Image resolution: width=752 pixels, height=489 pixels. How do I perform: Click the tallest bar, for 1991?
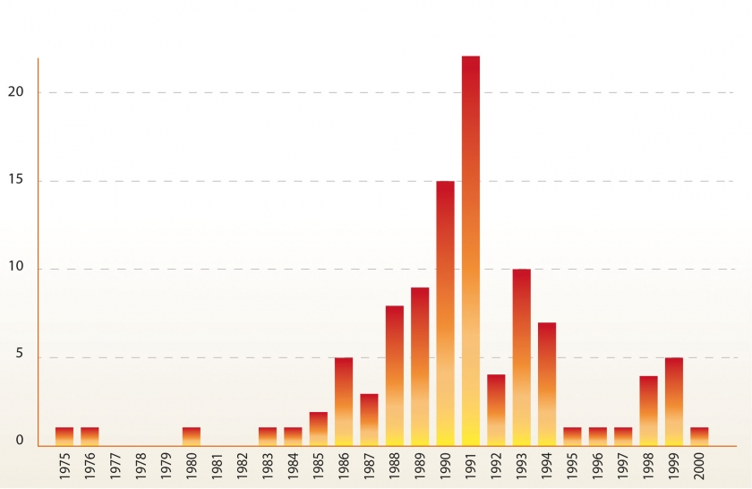click(471, 251)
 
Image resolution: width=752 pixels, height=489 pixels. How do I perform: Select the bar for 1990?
click(445, 313)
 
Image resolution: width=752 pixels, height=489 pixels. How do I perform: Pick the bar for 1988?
click(395, 375)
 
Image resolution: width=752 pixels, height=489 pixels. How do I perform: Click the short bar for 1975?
click(64, 436)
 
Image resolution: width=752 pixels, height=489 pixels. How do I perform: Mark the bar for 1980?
click(192, 436)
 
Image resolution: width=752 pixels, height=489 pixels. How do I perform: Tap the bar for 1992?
click(496, 409)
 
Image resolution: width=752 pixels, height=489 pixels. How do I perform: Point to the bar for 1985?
click(319, 428)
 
